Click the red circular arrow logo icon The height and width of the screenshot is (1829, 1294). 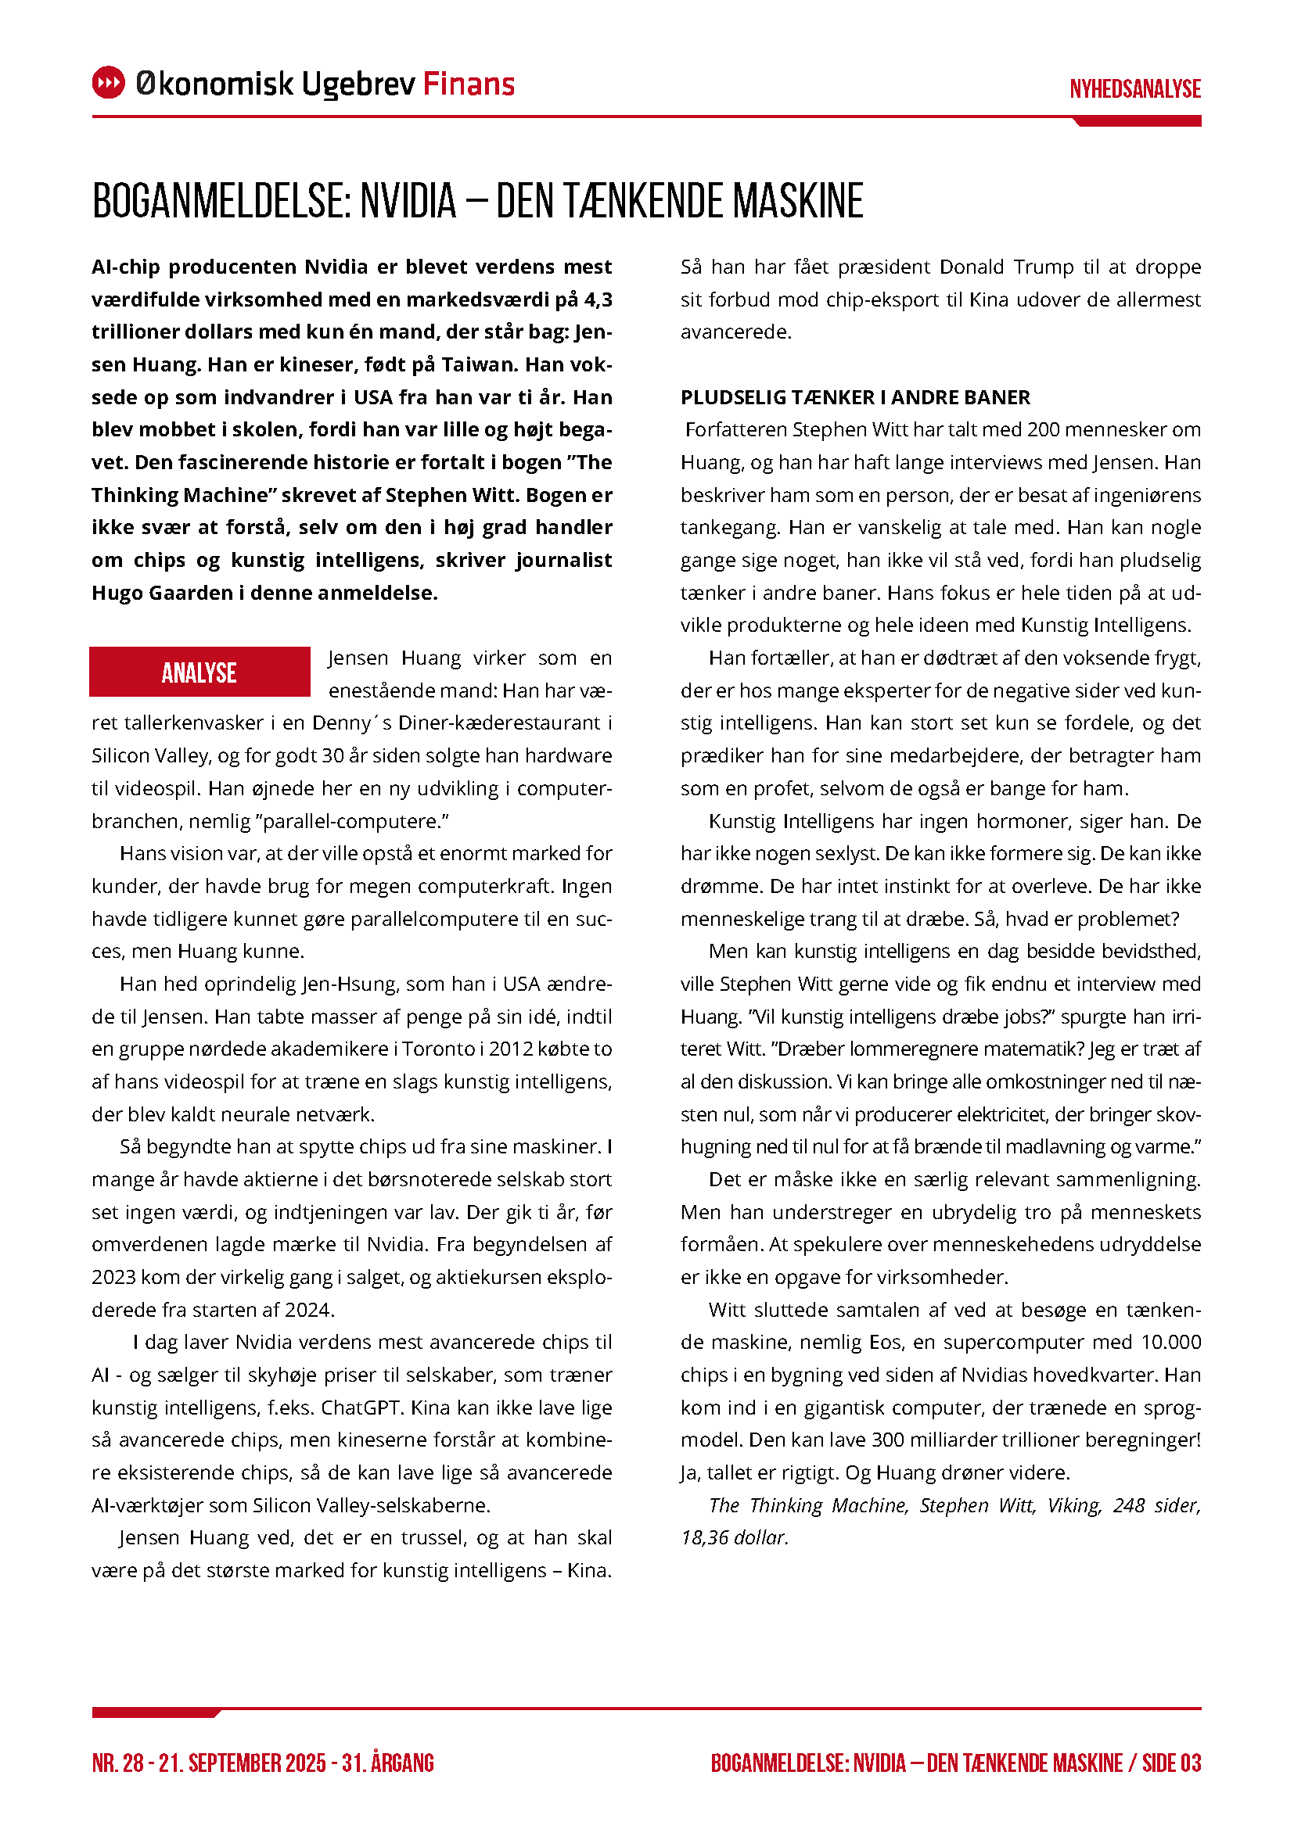109,83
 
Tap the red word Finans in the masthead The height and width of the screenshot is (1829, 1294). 469,84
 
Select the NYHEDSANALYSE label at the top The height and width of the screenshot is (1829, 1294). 1134,89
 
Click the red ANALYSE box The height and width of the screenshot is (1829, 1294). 199,672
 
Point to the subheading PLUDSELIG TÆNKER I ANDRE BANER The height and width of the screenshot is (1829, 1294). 855,397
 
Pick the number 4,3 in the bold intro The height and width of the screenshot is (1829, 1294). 598,299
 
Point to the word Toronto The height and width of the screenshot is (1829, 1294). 435,1049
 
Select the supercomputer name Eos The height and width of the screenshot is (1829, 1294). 886,1343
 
